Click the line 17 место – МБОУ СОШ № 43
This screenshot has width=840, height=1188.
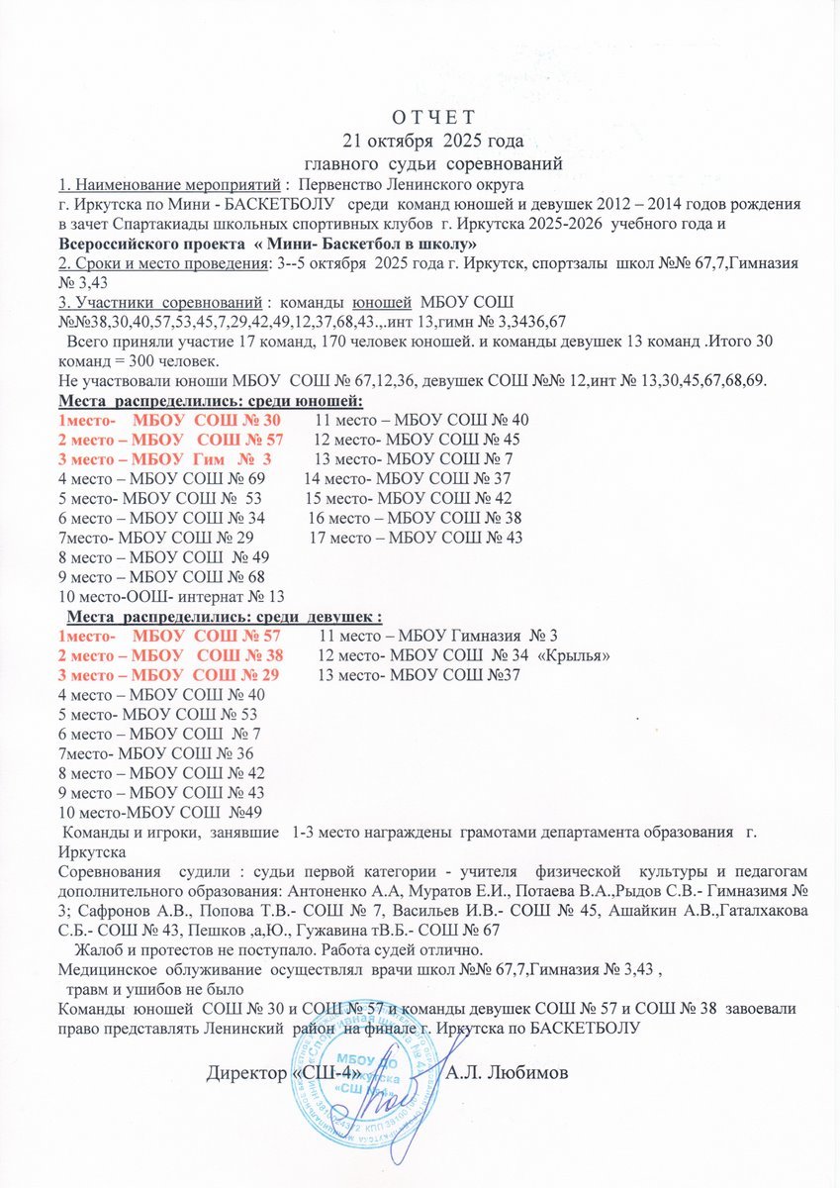tap(417, 538)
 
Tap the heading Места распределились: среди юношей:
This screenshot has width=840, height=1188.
tap(212, 400)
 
